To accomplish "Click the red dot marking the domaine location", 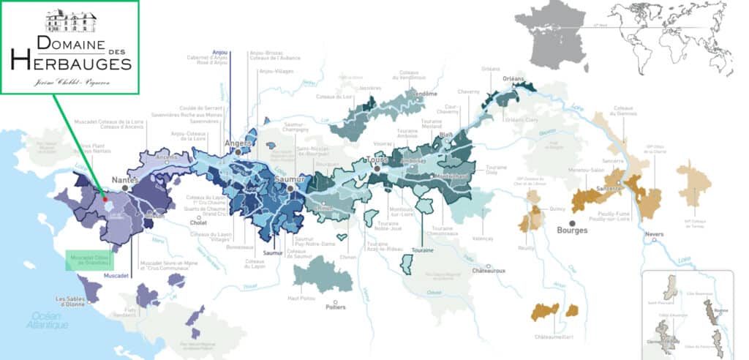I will tap(105, 198).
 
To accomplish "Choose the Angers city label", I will tap(238, 143).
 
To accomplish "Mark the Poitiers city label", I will tap(336, 307).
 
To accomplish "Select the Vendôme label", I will tap(425, 94).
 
